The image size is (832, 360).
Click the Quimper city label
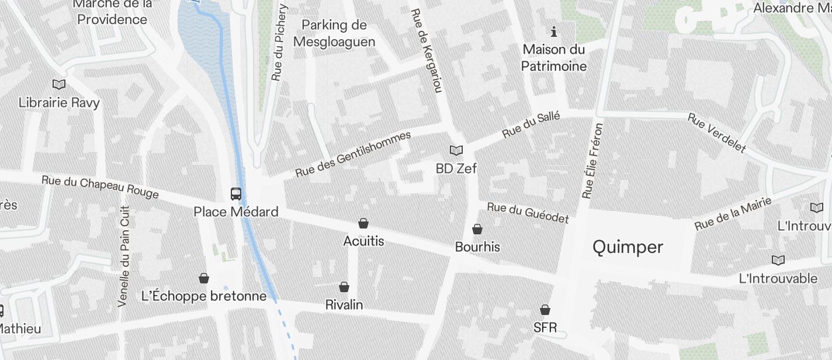click(x=628, y=247)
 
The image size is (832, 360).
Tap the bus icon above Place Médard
click(x=236, y=194)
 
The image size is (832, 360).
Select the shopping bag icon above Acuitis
click(x=363, y=223)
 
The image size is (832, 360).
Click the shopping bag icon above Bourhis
click(x=477, y=229)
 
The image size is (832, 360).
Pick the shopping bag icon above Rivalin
click(x=344, y=287)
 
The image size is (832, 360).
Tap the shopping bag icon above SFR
click(x=545, y=310)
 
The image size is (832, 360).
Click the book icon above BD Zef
click(x=456, y=151)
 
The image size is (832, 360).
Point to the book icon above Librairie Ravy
click(x=59, y=85)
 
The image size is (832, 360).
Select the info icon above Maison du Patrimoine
click(x=554, y=32)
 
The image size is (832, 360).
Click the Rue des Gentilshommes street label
click(x=353, y=154)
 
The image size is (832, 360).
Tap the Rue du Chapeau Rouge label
click(x=100, y=187)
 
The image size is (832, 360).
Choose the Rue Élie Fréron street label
click(x=592, y=160)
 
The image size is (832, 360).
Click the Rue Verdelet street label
click(x=717, y=133)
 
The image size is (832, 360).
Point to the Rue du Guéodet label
click(x=528, y=213)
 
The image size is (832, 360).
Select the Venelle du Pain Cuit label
click(x=124, y=256)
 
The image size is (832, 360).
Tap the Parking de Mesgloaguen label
click(x=334, y=33)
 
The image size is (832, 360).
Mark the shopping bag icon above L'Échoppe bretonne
click(x=204, y=278)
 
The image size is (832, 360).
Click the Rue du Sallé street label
click(x=531, y=125)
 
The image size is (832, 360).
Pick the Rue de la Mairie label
click(x=733, y=214)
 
